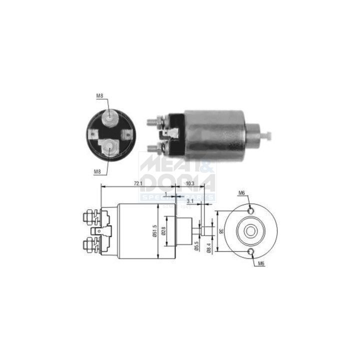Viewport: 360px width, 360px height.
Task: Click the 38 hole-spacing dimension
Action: (220, 231)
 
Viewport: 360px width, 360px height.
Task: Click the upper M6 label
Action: (241, 193)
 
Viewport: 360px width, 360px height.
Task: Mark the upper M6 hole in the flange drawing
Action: (250, 210)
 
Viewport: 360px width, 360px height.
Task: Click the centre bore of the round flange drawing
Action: (250, 230)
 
